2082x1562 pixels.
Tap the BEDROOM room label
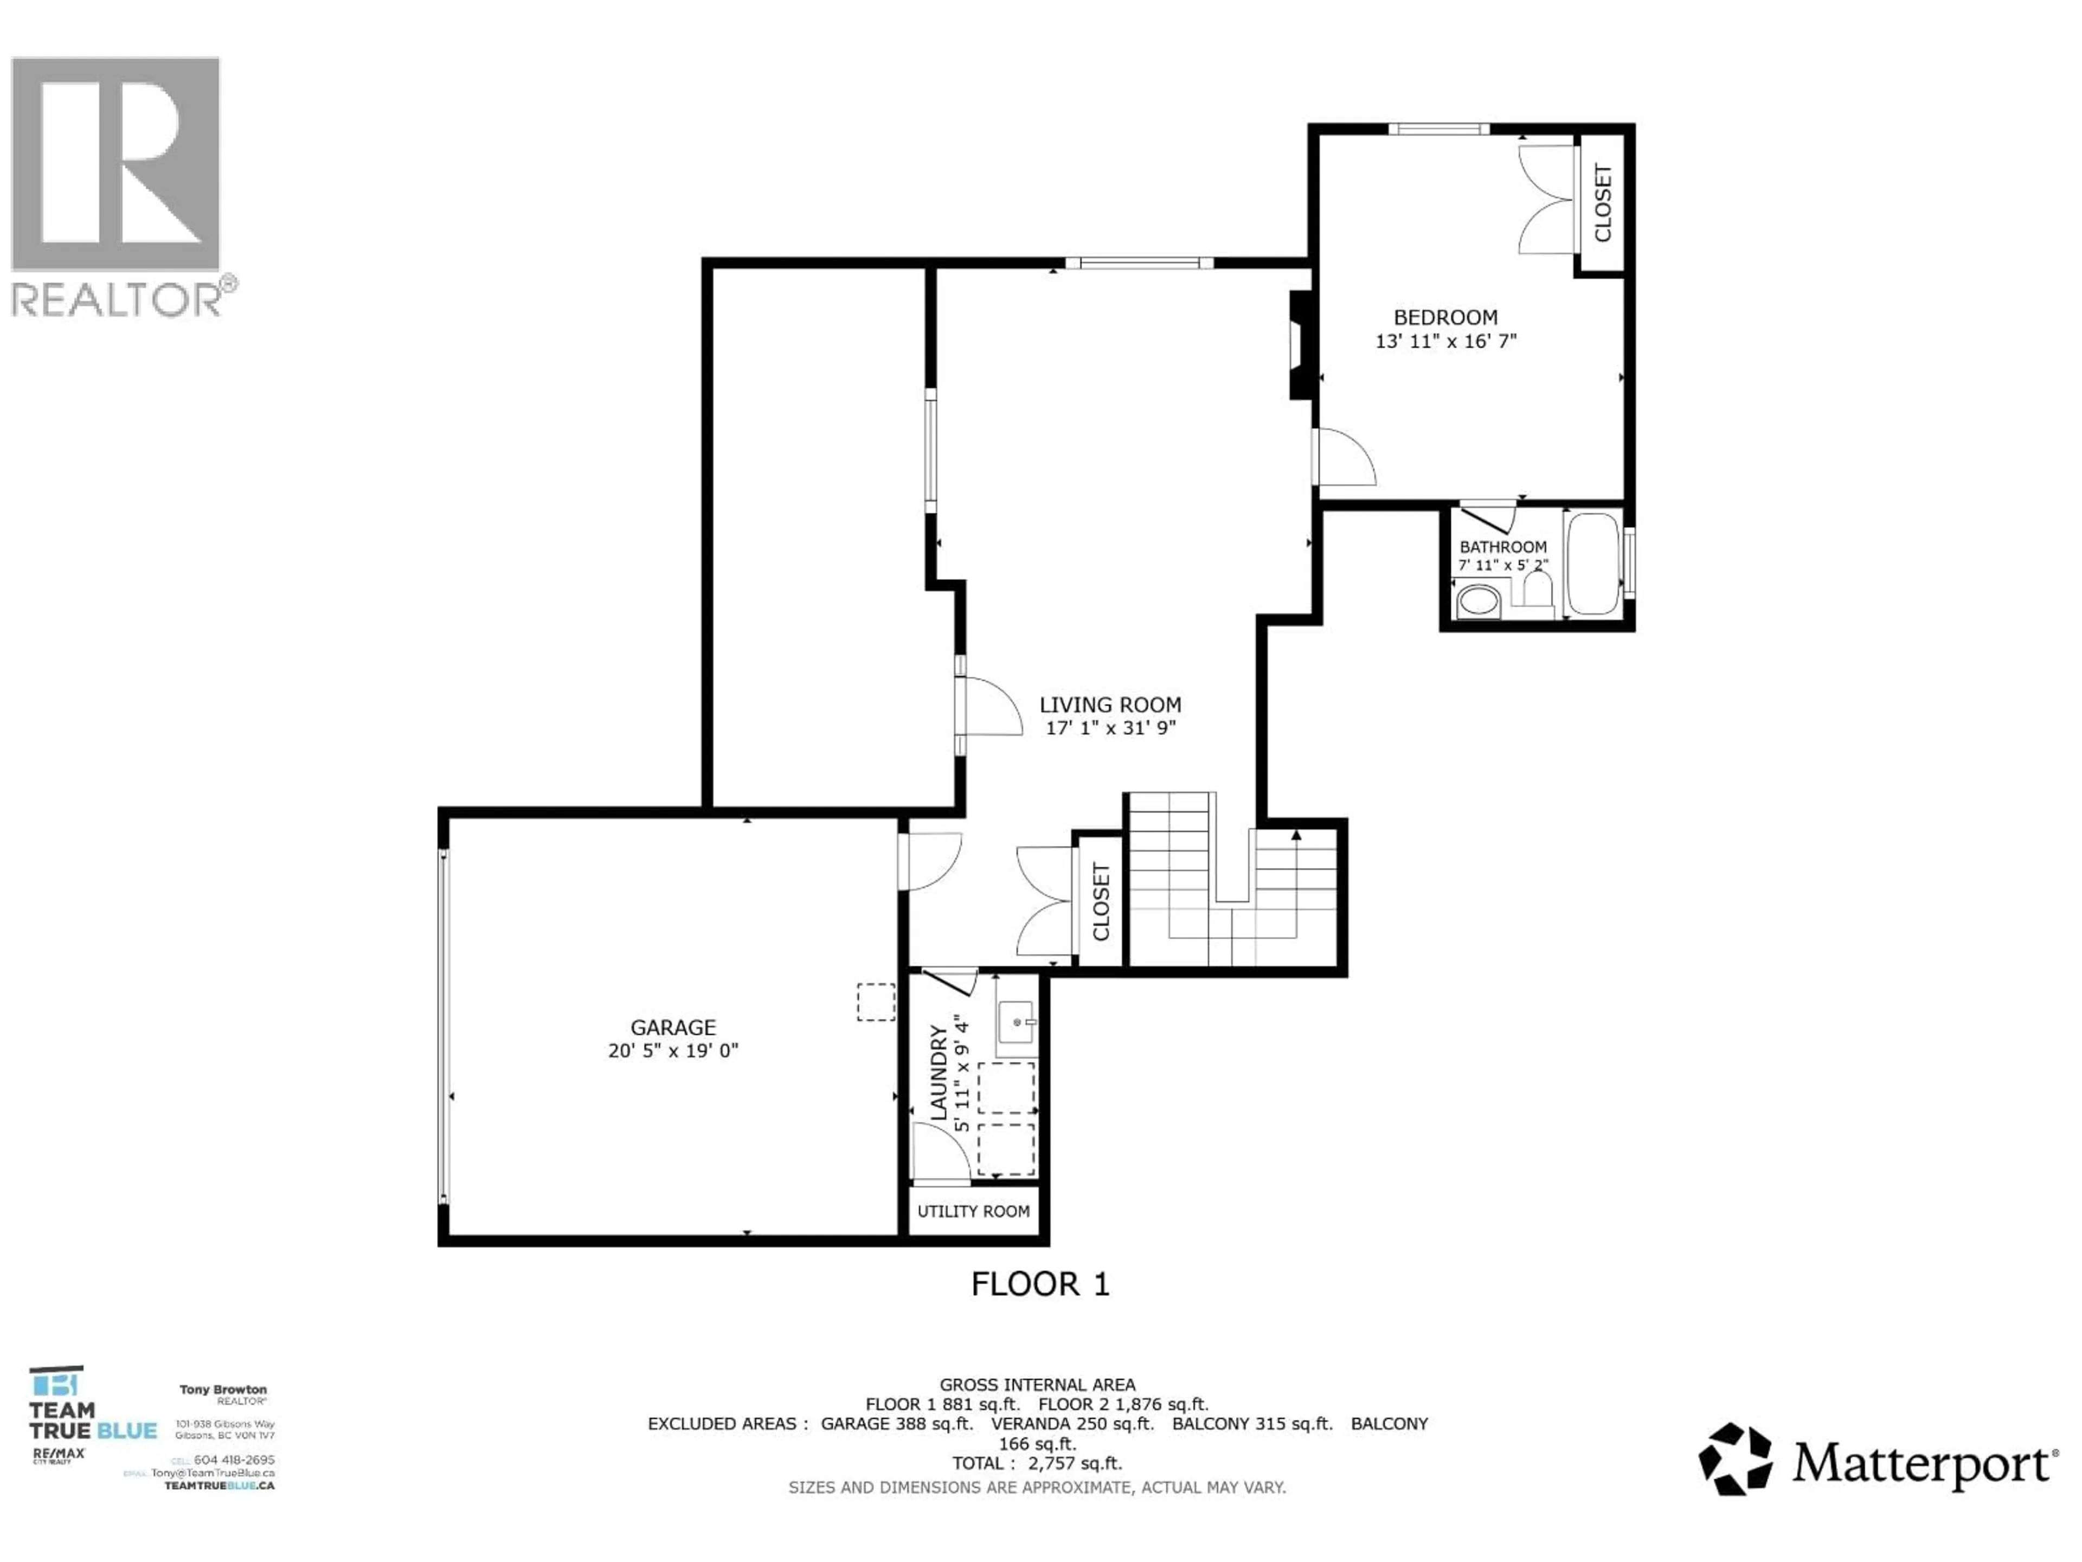pos(1445,317)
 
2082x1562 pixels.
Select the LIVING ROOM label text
pos(1110,705)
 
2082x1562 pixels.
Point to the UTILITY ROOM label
pos(973,1211)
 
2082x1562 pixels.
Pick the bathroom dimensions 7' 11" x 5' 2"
pos(1502,565)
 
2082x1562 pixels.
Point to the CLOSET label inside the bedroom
pos(1603,202)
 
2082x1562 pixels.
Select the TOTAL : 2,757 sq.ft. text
pos(1037,1463)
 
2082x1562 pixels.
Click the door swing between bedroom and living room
pos(1346,458)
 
